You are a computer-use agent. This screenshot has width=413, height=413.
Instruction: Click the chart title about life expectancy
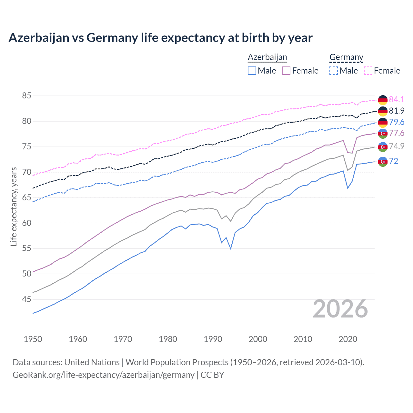click(x=160, y=38)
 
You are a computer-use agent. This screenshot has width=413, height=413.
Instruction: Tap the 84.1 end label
click(x=397, y=99)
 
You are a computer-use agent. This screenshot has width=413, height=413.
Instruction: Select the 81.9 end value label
click(x=397, y=111)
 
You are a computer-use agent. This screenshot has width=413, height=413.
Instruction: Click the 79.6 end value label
click(x=397, y=122)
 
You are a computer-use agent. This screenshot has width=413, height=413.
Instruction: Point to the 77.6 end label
click(x=397, y=133)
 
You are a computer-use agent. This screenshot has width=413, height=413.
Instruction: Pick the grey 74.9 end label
click(x=397, y=146)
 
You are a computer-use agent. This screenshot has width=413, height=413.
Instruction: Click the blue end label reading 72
click(x=394, y=161)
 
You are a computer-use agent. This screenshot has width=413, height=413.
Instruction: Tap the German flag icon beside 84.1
click(x=383, y=100)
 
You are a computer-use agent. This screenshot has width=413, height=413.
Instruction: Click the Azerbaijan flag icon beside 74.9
click(x=383, y=147)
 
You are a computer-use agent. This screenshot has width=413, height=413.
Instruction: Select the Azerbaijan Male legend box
click(x=252, y=71)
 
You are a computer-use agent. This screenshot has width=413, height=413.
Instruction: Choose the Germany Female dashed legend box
click(x=368, y=71)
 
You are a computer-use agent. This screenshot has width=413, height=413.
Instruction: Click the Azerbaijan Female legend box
click(x=286, y=71)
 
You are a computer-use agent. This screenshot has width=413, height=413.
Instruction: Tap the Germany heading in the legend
click(x=346, y=57)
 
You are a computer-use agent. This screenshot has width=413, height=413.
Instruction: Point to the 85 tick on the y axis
click(x=26, y=96)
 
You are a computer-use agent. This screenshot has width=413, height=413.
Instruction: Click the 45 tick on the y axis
click(x=26, y=299)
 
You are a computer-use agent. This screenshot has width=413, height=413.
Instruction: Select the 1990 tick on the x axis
click(x=213, y=339)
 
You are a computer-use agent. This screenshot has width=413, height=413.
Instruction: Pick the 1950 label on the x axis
click(x=33, y=339)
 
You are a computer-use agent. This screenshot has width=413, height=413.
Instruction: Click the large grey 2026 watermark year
click(x=340, y=309)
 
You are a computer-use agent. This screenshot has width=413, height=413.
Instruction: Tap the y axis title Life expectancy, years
click(x=14, y=206)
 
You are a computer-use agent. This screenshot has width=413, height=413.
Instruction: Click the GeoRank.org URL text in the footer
click(x=103, y=375)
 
